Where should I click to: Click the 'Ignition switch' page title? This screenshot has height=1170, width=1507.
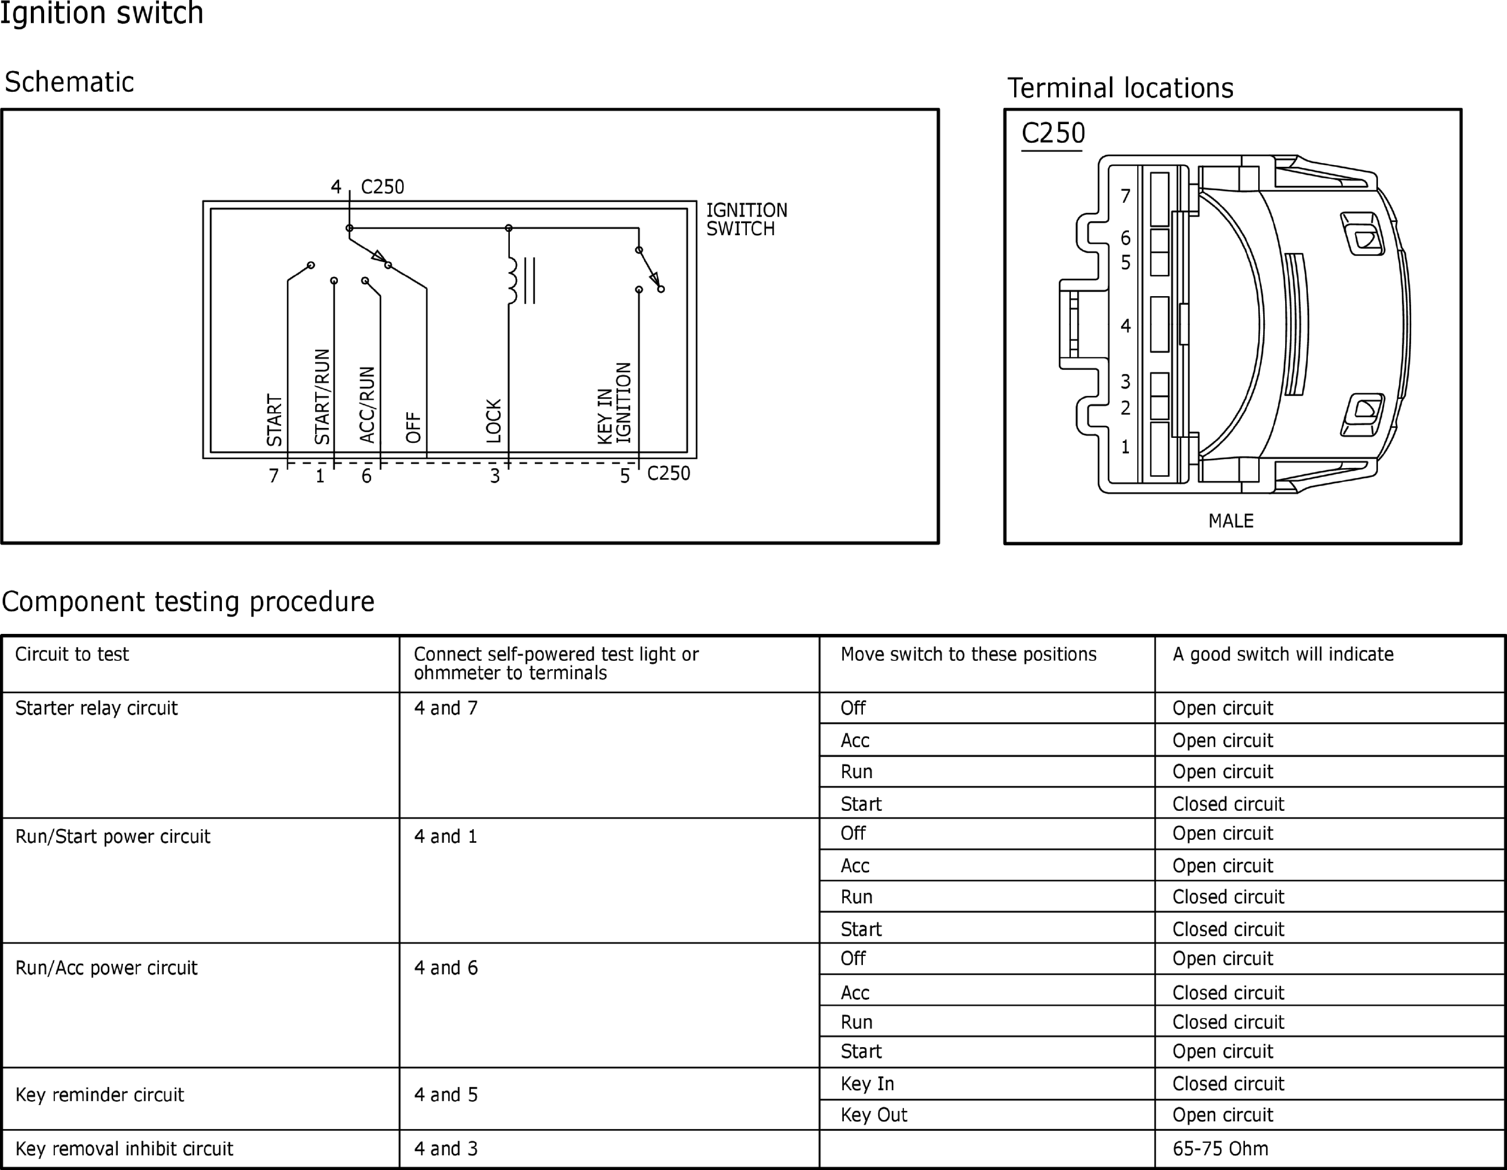tap(102, 13)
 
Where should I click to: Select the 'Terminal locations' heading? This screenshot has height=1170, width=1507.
tap(1120, 88)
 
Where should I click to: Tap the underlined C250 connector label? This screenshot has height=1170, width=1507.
tap(1053, 133)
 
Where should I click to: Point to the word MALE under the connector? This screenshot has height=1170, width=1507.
tap(1231, 521)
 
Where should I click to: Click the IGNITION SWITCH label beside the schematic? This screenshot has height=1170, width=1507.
tap(746, 219)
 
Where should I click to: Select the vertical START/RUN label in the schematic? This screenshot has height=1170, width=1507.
tap(322, 396)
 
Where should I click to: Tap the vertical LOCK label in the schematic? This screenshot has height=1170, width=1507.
tap(494, 421)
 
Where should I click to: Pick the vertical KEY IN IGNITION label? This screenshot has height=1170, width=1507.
tap(614, 403)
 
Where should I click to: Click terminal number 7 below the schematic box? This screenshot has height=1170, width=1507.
tap(274, 476)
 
